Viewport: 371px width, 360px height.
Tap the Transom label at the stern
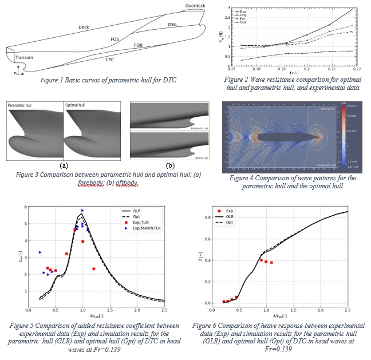click(24, 57)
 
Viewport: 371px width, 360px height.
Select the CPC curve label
click(109, 59)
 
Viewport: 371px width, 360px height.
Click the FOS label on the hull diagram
click(115, 39)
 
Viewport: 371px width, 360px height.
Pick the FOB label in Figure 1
click(139, 45)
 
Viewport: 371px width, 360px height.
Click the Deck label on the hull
click(84, 27)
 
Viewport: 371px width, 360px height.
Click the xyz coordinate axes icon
click(18, 70)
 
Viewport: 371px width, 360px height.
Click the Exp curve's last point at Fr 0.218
click(352, 9)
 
